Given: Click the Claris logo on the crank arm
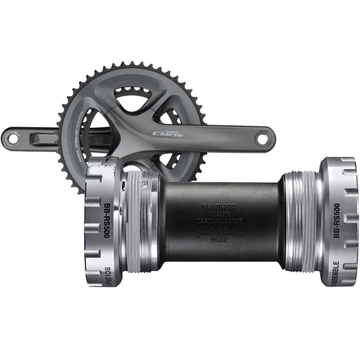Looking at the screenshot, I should click(168, 134).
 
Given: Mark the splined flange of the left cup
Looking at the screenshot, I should click(101, 222).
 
